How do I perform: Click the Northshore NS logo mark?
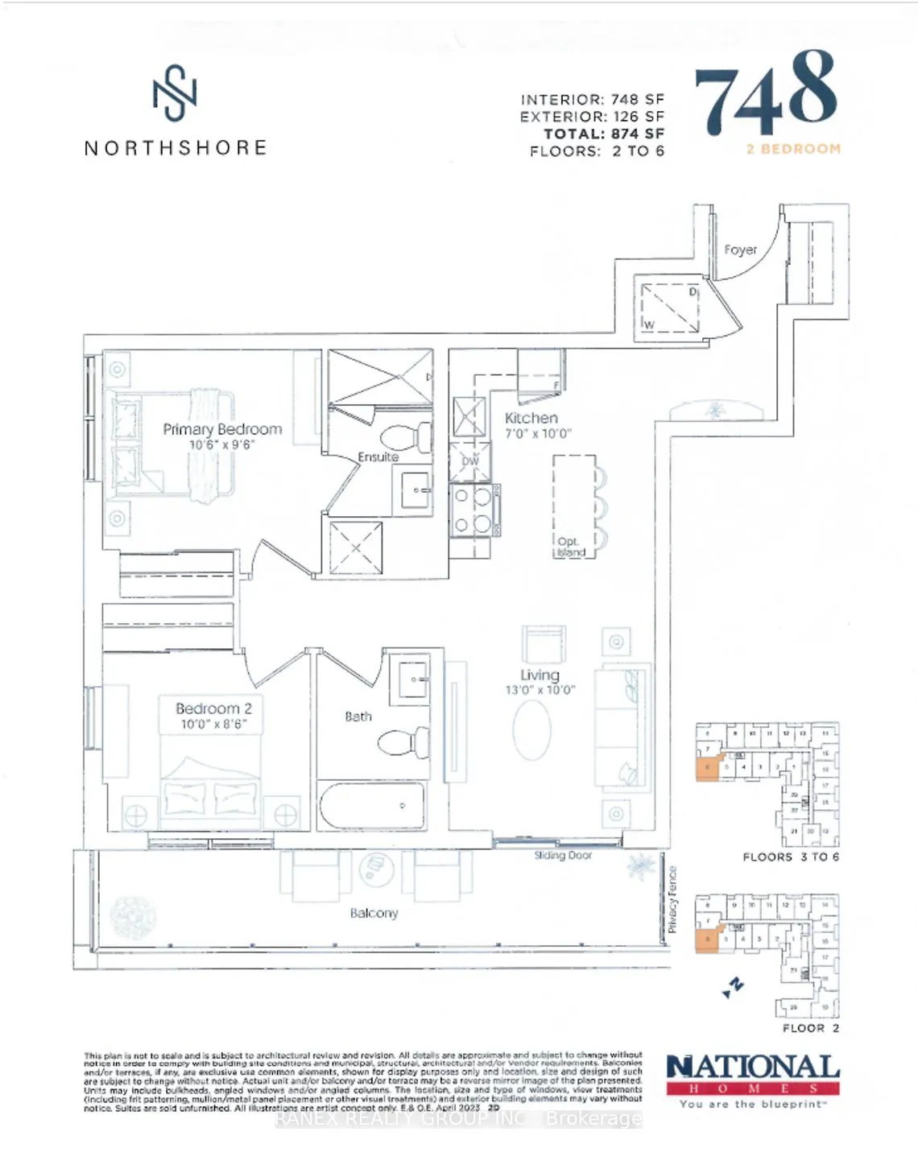[175, 93]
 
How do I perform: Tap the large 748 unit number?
[766, 94]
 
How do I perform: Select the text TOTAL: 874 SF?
[604, 134]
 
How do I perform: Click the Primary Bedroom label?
[222, 429]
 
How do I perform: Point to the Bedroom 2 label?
[213, 708]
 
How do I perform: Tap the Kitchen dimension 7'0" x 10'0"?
[538, 433]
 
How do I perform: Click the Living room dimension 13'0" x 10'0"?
[540, 690]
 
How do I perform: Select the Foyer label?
[740, 250]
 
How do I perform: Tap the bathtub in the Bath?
[372, 805]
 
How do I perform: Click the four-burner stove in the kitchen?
[473, 510]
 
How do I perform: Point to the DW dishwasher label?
[470, 461]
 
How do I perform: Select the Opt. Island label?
[569, 547]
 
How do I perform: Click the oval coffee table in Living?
[531, 730]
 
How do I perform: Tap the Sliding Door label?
[563, 855]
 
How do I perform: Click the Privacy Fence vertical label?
[672, 899]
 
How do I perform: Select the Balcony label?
[374, 913]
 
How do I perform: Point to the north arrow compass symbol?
[733, 987]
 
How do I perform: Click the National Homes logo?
[753, 1079]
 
